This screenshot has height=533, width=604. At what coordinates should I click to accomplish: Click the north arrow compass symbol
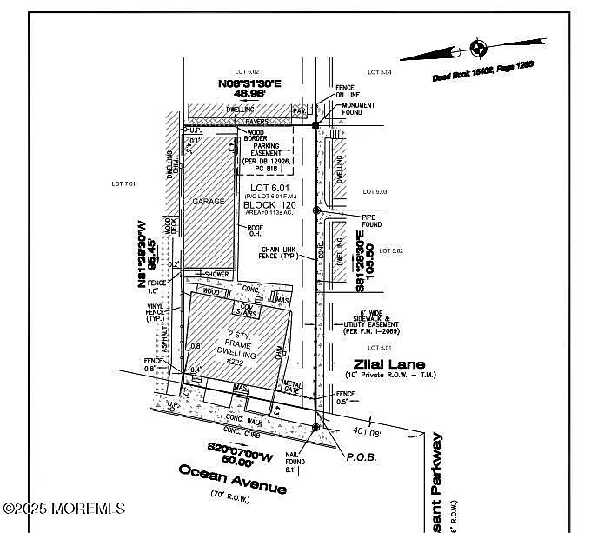[x=477, y=47]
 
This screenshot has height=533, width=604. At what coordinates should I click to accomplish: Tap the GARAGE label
[x=209, y=201]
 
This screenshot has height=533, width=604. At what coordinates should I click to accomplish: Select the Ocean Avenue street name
[x=232, y=479]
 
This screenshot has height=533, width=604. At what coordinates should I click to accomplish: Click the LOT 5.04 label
[x=380, y=72]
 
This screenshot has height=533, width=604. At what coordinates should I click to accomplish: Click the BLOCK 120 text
[x=269, y=205]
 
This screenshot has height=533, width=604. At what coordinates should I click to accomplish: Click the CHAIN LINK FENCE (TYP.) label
[x=280, y=254]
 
